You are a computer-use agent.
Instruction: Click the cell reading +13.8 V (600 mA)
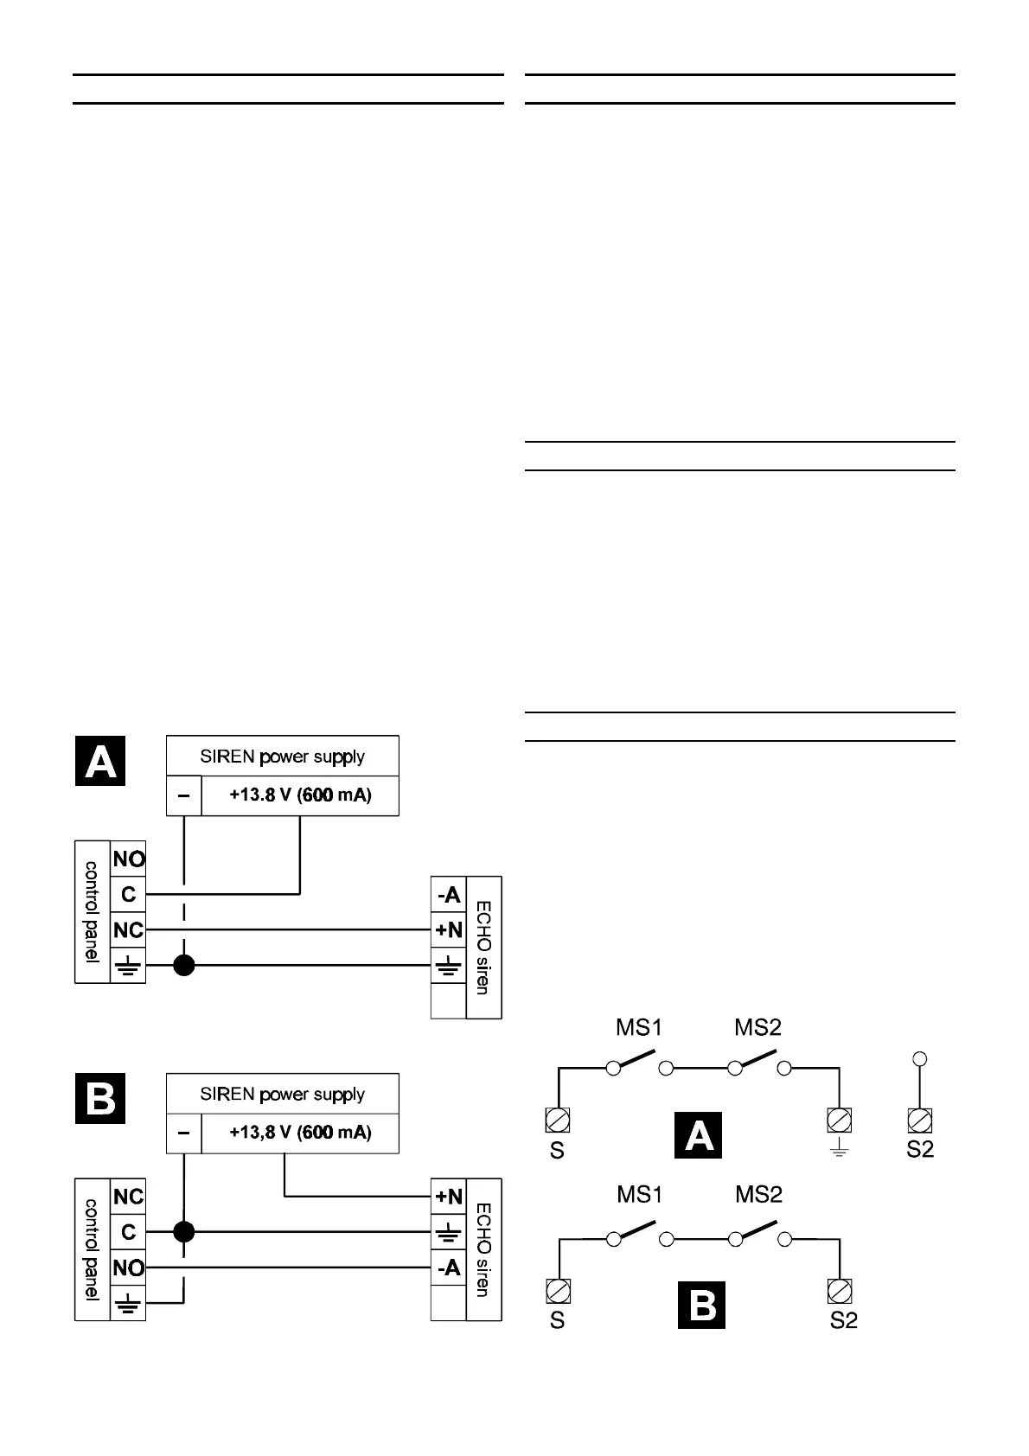pyautogui.click(x=300, y=795)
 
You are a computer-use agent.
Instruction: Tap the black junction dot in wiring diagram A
pyautogui.click(x=183, y=965)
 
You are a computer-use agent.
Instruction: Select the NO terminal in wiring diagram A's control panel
pyautogui.click(x=128, y=859)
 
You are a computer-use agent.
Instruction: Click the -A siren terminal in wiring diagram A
pyautogui.click(x=449, y=895)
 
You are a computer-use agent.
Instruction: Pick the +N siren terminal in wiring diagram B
pyautogui.click(x=449, y=1197)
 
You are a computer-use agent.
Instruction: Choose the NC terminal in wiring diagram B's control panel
pyautogui.click(x=128, y=1197)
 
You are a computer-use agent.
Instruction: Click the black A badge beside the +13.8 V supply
pyautogui.click(x=100, y=761)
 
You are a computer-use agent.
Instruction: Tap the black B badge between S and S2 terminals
pyautogui.click(x=701, y=1305)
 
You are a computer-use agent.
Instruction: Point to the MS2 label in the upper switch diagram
pyautogui.click(x=757, y=1027)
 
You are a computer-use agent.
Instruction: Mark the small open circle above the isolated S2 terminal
pyautogui.click(x=920, y=1058)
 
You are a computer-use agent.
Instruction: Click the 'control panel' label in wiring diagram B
pyautogui.click(x=93, y=1248)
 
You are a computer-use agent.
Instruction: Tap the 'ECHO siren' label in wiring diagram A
pyautogui.click(x=483, y=948)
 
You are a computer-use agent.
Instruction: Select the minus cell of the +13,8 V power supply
pyautogui.click(x=183, y=1132)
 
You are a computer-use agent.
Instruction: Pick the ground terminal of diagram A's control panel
pyautogui.click(x=128, y=966)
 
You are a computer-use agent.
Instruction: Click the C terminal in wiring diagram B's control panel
pyautogui.click(x=128, y=1231)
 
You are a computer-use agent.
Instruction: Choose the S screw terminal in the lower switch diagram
pyautogui.click(x=558, y=1291)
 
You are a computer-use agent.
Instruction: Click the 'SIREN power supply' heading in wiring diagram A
pyautogui.click(x=282, y=757)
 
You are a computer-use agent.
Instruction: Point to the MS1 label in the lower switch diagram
pyautogui.click(x=639, y=1195)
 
